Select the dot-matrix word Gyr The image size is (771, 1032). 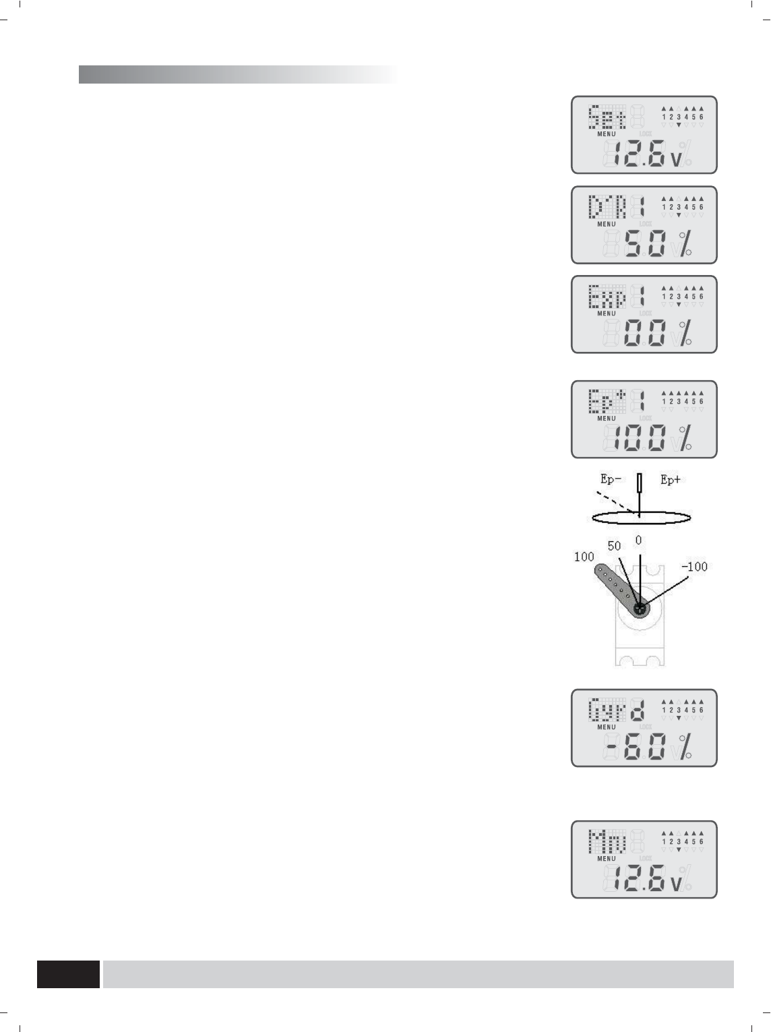point(607,710)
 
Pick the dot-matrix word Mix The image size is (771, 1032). point(607,841)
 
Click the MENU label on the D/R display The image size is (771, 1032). point(607,224)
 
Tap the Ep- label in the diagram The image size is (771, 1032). point(612,480)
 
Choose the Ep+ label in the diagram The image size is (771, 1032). point(671,480)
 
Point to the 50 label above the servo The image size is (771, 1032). point(614,546)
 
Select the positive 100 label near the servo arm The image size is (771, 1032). point(584,557)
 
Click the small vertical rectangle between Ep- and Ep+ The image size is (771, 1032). point(640,483)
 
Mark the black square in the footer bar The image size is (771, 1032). point(68,974)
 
